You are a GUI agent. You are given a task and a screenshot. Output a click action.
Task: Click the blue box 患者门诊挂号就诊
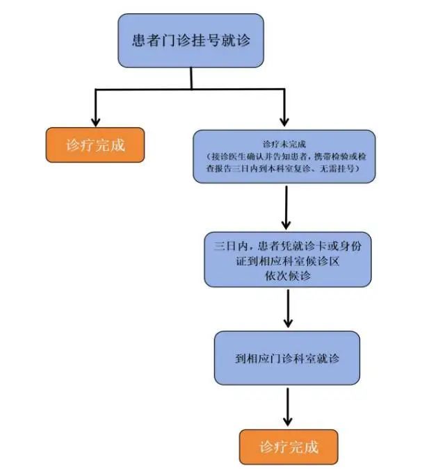191,40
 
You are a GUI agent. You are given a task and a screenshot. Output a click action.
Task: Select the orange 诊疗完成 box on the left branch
95,146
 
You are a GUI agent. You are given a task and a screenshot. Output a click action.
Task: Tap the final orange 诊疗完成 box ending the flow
289,446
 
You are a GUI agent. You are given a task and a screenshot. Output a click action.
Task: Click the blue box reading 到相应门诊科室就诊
287,359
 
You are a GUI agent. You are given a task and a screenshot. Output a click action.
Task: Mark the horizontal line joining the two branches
191,89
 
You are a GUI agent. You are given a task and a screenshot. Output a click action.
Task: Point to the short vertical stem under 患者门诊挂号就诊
191,78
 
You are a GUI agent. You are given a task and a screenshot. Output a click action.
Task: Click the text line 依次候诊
287,276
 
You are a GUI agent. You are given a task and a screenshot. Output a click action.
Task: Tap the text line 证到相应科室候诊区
287,261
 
